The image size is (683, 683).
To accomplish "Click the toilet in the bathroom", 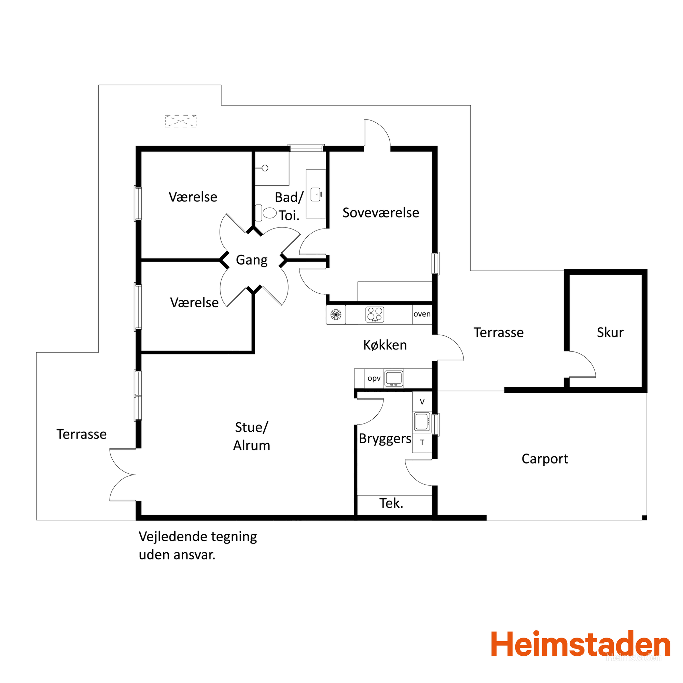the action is pyautogui.click(x=265, y=213).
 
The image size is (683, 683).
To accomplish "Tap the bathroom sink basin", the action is pyautogui.click(x=316, y=194).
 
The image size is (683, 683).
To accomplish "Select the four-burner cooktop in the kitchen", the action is pyautogui.click(x=375, y=314).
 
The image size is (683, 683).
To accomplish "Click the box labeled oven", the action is pyautogui.click(x=422, y=314).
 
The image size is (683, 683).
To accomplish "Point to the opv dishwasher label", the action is pyautogui.click(x=374, y=378).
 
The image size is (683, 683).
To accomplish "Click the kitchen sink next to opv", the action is pyautogui.click(x=394, y=379).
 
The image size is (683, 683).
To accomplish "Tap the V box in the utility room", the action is pyautogui.click(x=422, y=402).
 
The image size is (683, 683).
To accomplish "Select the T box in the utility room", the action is pyautogui.click(x=422, y=443).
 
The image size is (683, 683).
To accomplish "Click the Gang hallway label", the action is pyautogui.click(x=252, y=260).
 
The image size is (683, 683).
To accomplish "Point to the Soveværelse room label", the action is pyautogui.click(x=381, y=213).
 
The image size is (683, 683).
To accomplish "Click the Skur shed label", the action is pyautogui.click(x=610, y=332).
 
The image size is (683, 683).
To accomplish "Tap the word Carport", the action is pyautogui.click(x=545, y=459).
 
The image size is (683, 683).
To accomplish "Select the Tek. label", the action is pyautogui.click(x=391, y=503).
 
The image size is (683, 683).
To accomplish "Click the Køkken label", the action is pyautogui.click(x=385, y=345).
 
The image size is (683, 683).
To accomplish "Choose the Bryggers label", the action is pyautogui.click(x=385, y=439).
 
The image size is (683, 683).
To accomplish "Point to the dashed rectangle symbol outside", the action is pyautogui.click(x=181, y=121).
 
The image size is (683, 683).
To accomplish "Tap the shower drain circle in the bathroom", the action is pyautogui.click(x=265, y=168).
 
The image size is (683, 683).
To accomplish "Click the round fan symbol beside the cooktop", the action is pyautogui.click(x=336, y=314).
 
